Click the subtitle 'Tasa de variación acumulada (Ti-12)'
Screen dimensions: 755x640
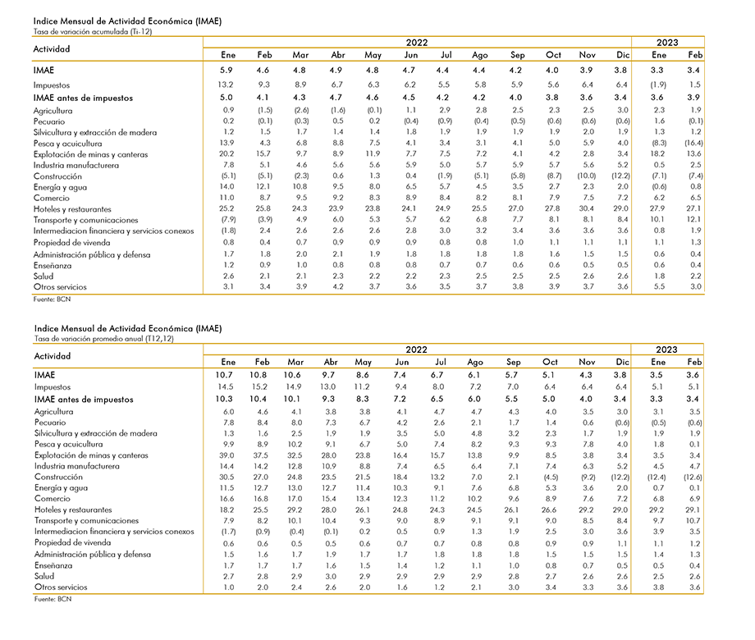pyautogui.click(x=93, y=32)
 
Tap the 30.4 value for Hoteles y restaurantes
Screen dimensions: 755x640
pyautogui.click(x=587, y=208)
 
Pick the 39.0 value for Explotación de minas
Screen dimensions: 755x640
pyautogui.click(x=226, y=455)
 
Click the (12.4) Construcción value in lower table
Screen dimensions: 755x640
pyautogui.click(x=657, y=478)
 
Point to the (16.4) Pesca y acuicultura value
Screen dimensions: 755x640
pyautogui.click(x=693, y=143)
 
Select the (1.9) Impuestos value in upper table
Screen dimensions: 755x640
pyautogui.click(x=658, y=85)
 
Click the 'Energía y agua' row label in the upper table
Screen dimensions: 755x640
pyautogui.click(x=60, y=187)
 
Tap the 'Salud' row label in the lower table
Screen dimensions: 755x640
pyautogui.click(x=44, y=577)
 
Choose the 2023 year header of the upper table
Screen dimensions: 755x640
pyautogui.click(x=667, y=43)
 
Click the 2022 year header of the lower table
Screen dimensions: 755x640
pyautogui.click(x=417, y=350)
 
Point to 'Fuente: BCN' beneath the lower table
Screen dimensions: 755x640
pyautogui.click(x=53, y=599)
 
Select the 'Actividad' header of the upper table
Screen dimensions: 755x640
pyautogui.click(x=52, y=49)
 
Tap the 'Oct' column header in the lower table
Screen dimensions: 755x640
pyautogui.click(x=550, y=362)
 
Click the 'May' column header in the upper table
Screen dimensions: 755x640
pyautogui.click(x=373, y=55)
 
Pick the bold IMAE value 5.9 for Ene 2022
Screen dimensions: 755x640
pyautogui.click(x=226, y=71)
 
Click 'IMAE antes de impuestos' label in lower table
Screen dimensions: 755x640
pyautogui.click(x=84, y=400)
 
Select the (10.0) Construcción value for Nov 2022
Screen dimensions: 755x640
pyautogui.click(x=587, y=176)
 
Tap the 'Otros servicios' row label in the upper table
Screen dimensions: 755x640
pyautogui.click(x=60, y=287)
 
